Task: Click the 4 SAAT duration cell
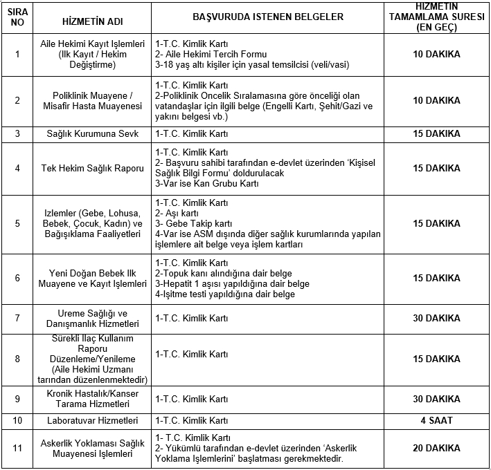[x=436, y=421]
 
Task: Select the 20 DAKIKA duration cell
[x=436, y=449]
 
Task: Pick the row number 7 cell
[x=18, y=319]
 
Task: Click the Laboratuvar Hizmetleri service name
[x=93, y=421]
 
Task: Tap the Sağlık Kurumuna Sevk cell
[x=93, y=134]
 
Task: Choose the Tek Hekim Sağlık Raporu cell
[x=93, y=168]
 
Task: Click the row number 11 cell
[x=18, y=449]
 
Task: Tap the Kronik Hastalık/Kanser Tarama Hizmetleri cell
[x=93, y=399]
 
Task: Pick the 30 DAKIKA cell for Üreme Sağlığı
[x=436, y=319]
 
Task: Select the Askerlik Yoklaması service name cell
[x=93, y=449]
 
